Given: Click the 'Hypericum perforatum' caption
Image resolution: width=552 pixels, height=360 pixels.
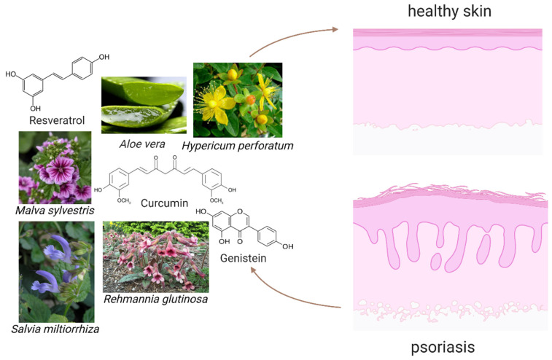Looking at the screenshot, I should [238, 146].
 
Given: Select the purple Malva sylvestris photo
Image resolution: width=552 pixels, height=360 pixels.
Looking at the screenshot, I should [55, 167].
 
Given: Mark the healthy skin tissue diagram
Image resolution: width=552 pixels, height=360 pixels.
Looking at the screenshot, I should [447, 91].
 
